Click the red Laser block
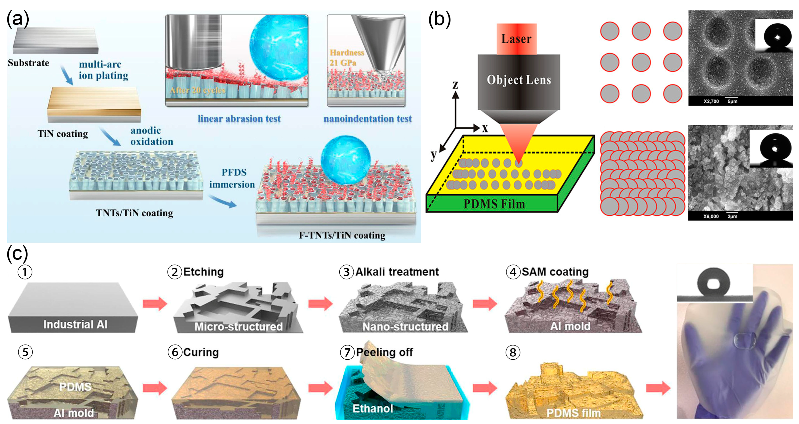(x=516, y=39)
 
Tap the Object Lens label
(x=519, y=80)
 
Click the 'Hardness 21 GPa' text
(x=346, y=58)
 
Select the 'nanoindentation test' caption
(x=368, y=119)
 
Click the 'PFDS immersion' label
(x=232, y=178)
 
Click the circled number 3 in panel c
(x=346, y=272)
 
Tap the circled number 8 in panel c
(x=513, y=353)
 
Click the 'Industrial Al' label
(x=75, y=324)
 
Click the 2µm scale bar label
(x=732, y=216)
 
